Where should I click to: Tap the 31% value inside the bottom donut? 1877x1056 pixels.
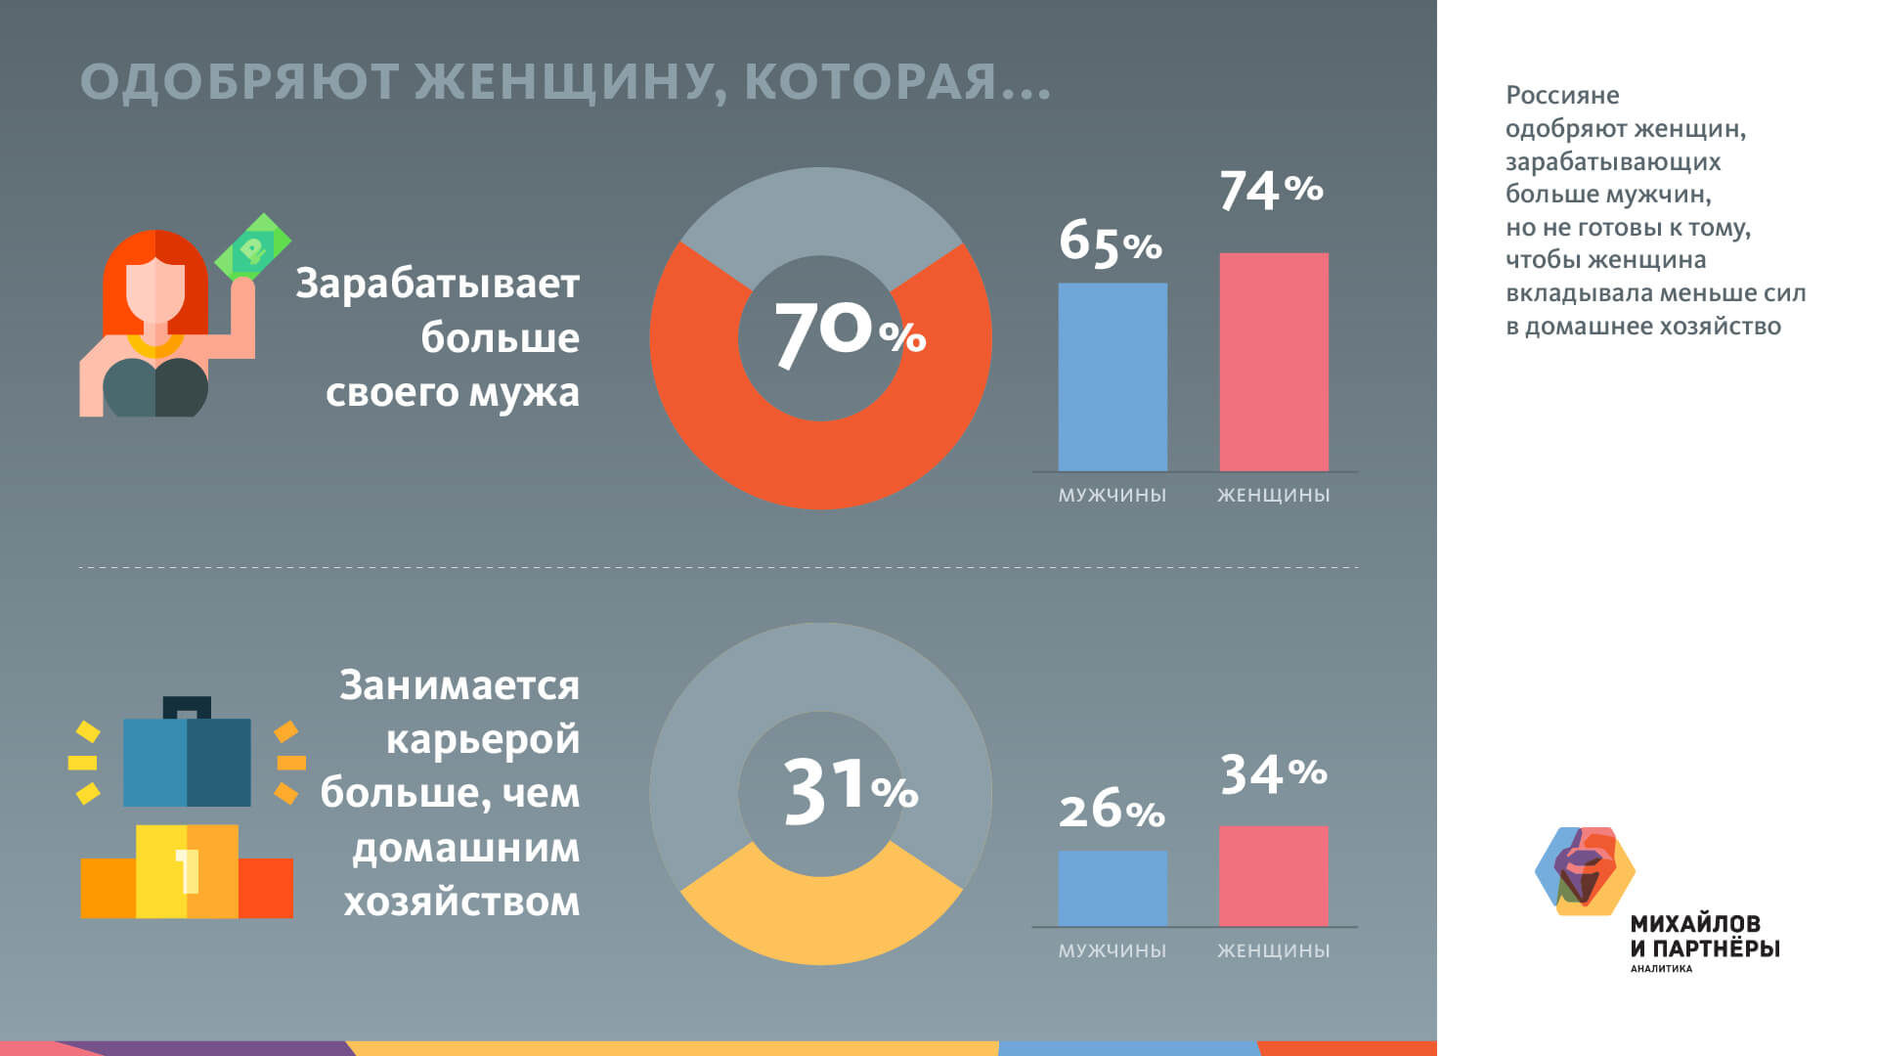[849, 790]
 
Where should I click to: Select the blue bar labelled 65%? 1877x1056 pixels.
[1113, 377]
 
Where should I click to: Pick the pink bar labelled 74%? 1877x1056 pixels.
[1274, 362]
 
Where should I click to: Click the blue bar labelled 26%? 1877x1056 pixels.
[1113, 888]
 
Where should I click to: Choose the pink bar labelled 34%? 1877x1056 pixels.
[1274, 876]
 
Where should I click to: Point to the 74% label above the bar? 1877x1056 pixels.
[1271, 190]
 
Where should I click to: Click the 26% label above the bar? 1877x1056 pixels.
[1112, 811]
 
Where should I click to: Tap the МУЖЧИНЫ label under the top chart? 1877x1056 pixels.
[1113, 496]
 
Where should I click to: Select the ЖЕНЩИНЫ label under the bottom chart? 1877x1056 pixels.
[1274, 950]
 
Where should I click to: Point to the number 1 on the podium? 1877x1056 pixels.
[187, 870]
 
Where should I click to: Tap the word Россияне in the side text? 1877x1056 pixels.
[1562, 96]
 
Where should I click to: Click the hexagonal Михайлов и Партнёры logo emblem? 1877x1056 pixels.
[1584, 870]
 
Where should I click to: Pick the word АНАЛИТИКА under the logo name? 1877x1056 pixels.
[1661, 969]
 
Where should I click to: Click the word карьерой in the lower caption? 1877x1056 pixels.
[483, 739]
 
